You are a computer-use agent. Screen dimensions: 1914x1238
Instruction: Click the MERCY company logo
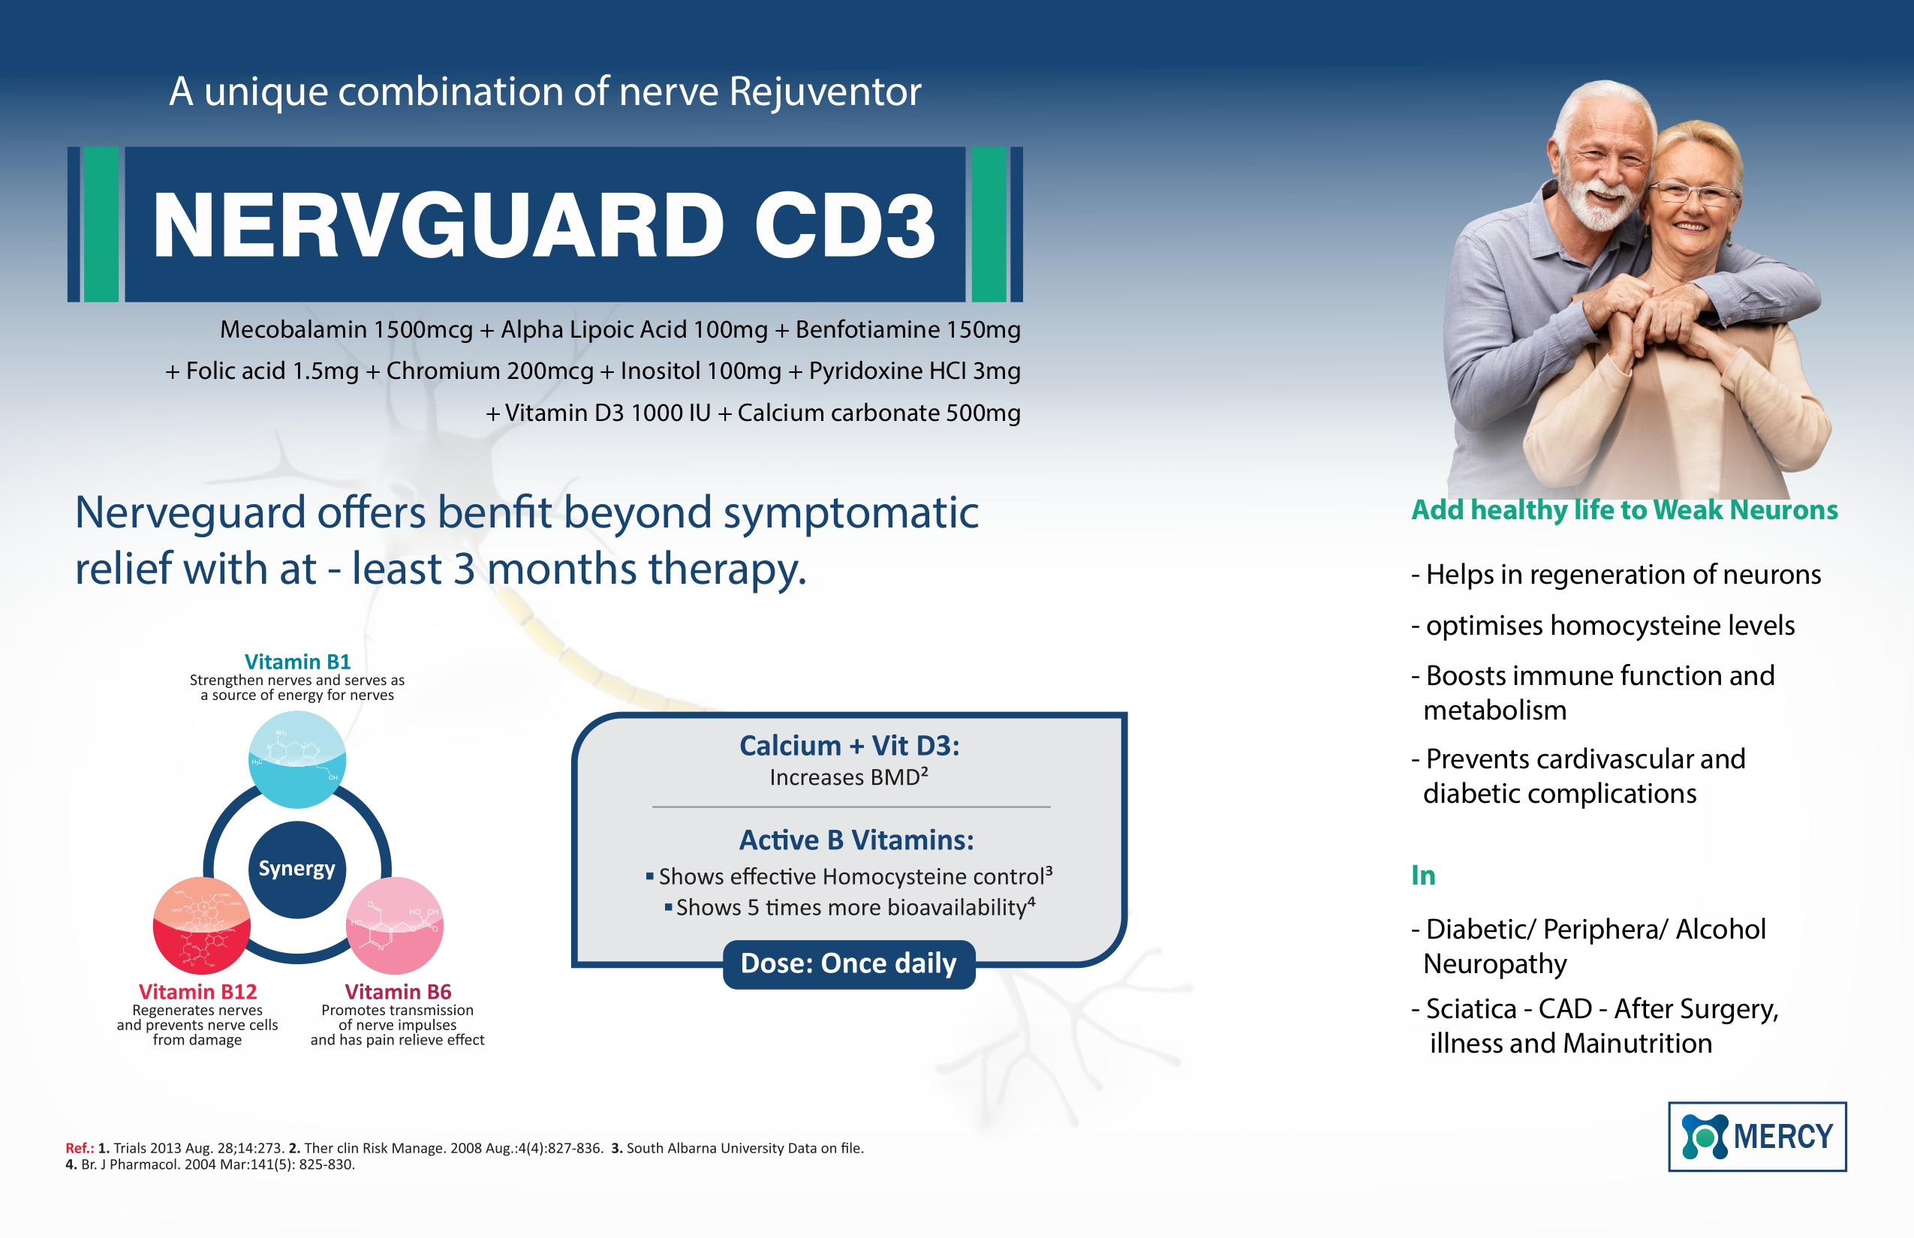(1757, 1136)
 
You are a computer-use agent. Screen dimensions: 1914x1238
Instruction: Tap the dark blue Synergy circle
(296, 870)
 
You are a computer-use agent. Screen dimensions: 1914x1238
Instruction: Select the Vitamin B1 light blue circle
(296, 759)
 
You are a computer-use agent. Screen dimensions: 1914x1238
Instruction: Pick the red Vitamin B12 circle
(202, 925)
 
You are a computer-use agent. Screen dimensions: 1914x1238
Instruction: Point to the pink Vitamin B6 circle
(394, 925)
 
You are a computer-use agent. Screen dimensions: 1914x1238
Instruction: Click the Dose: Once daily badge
(848, 964)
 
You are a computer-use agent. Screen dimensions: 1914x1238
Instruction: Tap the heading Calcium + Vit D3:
(849, 745)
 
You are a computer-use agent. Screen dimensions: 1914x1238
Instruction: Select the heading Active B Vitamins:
(856, 840)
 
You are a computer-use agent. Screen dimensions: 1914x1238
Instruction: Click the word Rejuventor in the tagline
(825, 92)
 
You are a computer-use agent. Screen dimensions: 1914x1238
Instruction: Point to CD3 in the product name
(845, 226)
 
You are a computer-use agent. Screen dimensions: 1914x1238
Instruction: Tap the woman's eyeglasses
(1692, 194)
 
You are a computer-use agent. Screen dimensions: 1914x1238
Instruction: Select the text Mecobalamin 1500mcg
(347, 329)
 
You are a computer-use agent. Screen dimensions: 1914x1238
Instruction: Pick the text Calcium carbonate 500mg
(879, 413)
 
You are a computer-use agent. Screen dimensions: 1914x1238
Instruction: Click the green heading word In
(1423, 875)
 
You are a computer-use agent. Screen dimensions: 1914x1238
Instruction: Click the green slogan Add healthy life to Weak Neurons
(1624, 509)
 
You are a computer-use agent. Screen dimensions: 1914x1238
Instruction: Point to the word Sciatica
(1468, 1009)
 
